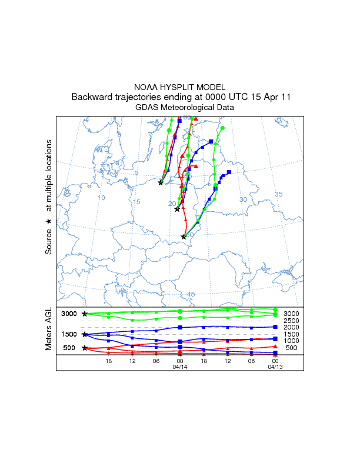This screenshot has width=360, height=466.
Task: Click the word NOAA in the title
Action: (x=145, y=87)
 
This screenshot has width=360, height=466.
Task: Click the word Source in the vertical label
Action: (x=49, y=241)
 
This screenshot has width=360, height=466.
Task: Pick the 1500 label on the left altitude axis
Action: (x=69, y=335)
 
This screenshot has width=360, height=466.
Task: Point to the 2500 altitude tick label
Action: (x=291, y=321)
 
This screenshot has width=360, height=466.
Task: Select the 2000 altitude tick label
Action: (x=291, y=327)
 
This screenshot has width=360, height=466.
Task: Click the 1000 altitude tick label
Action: (x=291, y=341)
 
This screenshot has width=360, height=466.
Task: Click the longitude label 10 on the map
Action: (x=101, y=198)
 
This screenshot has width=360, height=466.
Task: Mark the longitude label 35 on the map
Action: (x=279, y=194)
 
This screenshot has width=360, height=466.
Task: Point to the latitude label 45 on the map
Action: (x=191, y=294)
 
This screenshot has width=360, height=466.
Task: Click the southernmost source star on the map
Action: (x=184, y=237)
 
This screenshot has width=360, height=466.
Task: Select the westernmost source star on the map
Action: (x=161, y=182)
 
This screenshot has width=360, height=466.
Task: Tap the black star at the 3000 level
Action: (x=85, y=314)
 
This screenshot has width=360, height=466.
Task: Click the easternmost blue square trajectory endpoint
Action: (x=229, y=172)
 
